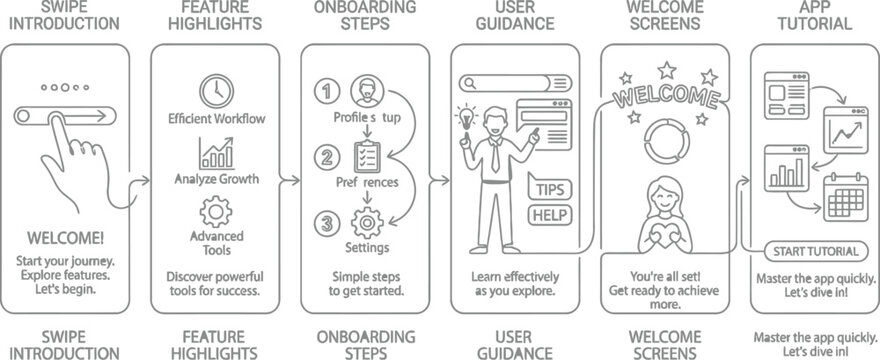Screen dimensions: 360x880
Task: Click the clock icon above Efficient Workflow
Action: (x=214, y=92)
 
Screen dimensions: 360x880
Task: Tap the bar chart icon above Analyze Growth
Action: (x=217, y=153)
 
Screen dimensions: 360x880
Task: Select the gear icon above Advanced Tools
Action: (x=216, y=213)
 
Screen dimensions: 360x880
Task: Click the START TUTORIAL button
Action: (x=816, y=251)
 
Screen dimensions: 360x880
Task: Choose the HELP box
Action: (x=550, y=214)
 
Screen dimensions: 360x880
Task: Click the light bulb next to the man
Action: (x=466, y=117)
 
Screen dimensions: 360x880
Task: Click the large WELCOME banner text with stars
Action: (x=664, y=99)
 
